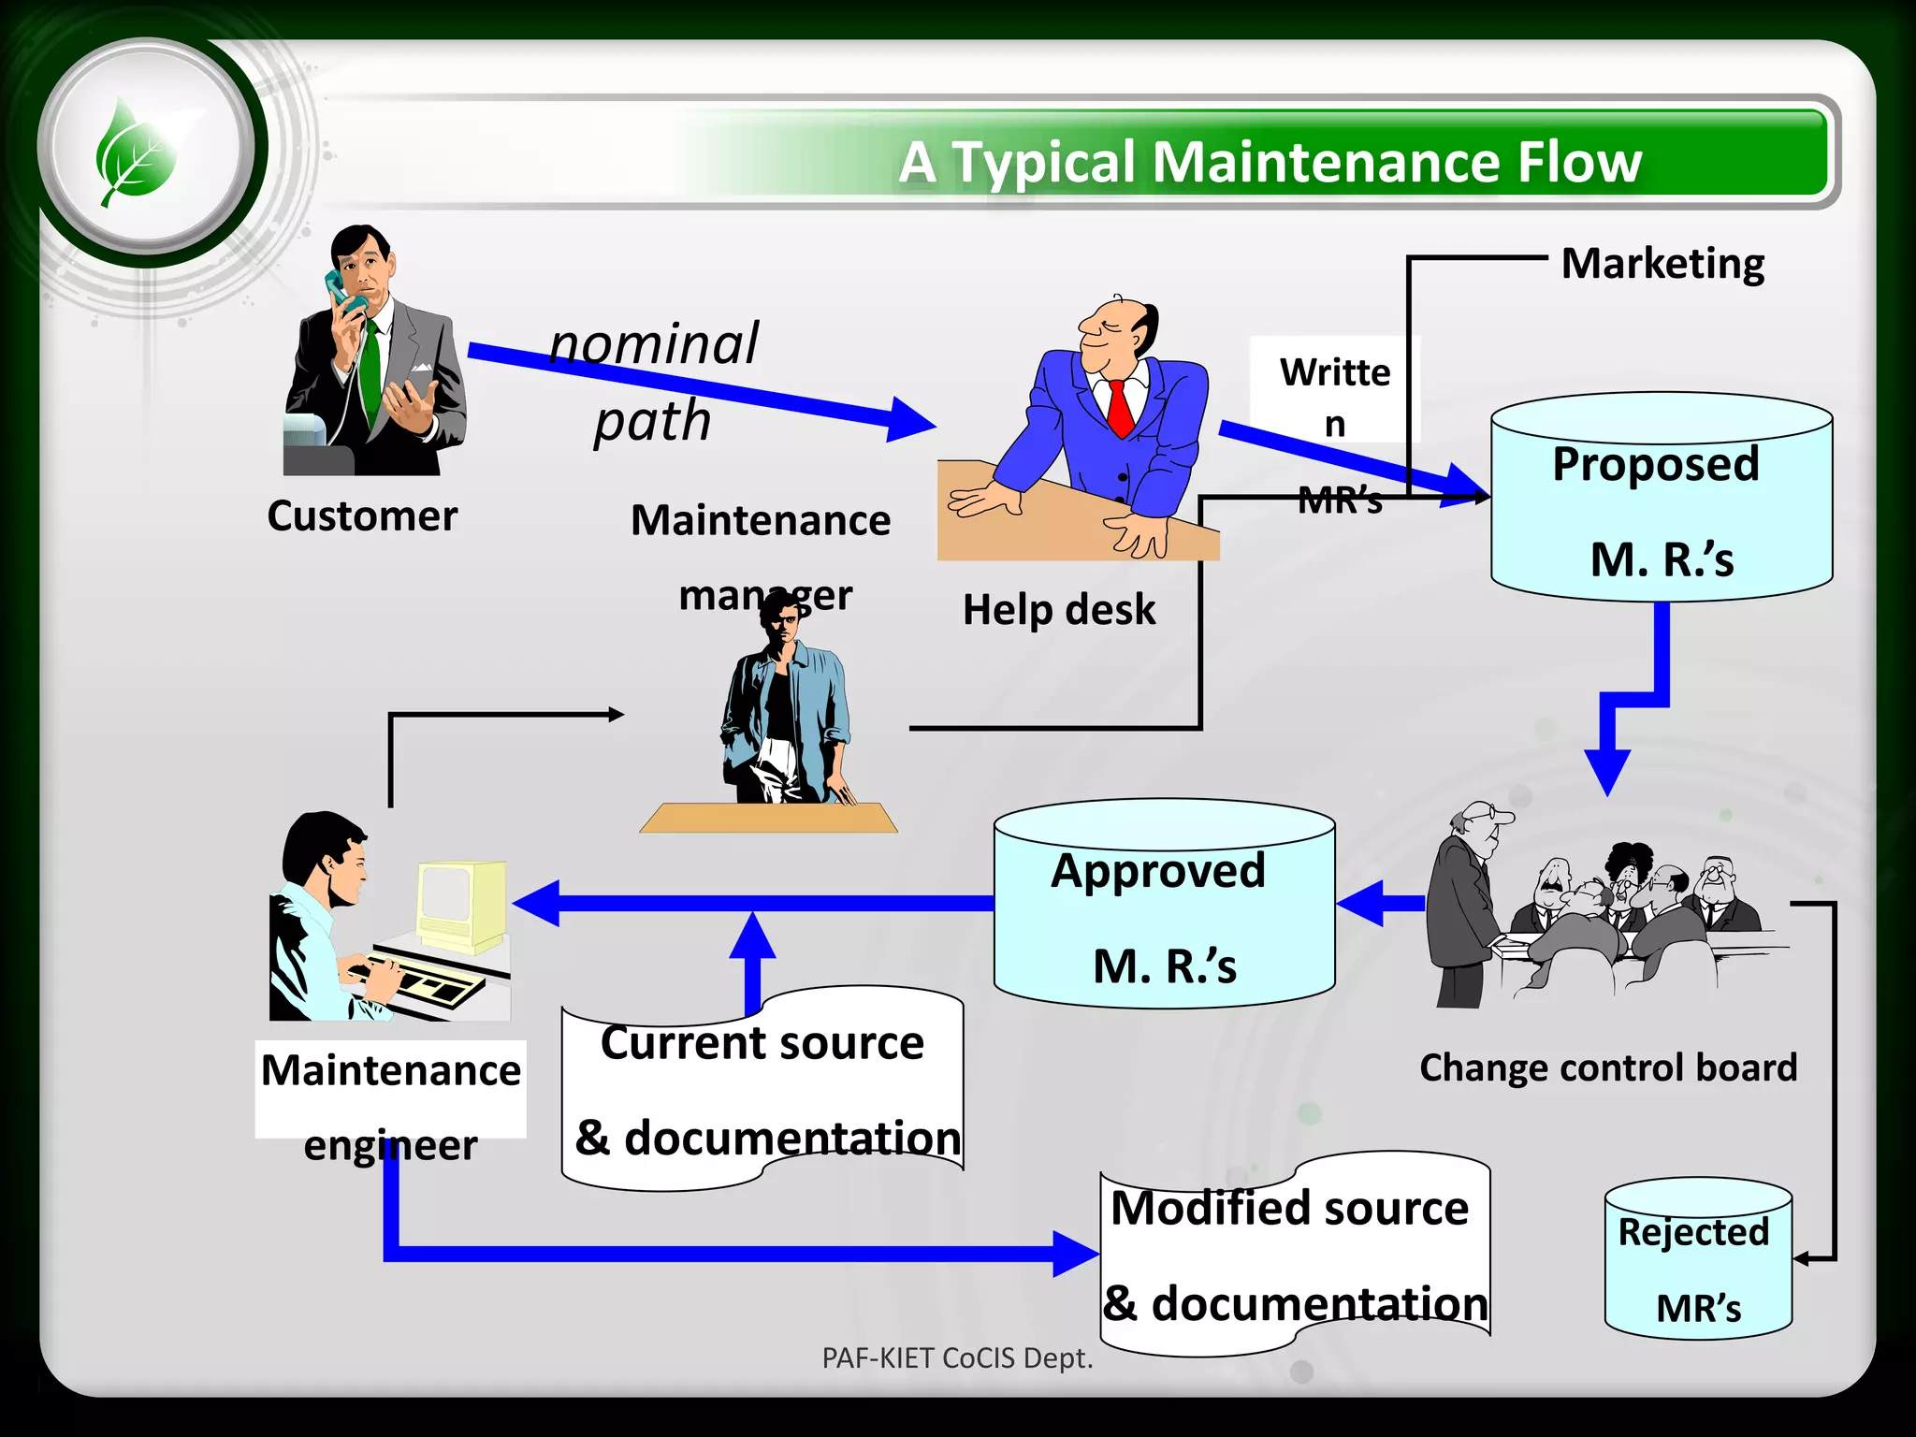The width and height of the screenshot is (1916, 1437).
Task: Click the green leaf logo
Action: (x=137, y=152)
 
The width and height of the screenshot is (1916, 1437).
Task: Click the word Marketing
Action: (x=1662, y=264)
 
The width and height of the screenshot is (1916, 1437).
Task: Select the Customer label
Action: (x=362, y=516)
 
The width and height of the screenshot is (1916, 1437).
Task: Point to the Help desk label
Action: (x=1059, y=610)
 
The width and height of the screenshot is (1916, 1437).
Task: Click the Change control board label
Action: (x=1608, y=1067)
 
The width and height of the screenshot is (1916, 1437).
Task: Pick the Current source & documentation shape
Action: (x=762, y=1090)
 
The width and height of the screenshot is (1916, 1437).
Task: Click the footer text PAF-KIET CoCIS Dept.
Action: (x=957, y=1357)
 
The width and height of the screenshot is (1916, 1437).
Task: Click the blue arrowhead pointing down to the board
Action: (x=1607, y=771)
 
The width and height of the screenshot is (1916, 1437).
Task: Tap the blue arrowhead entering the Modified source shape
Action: (x=1076, y=1254)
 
